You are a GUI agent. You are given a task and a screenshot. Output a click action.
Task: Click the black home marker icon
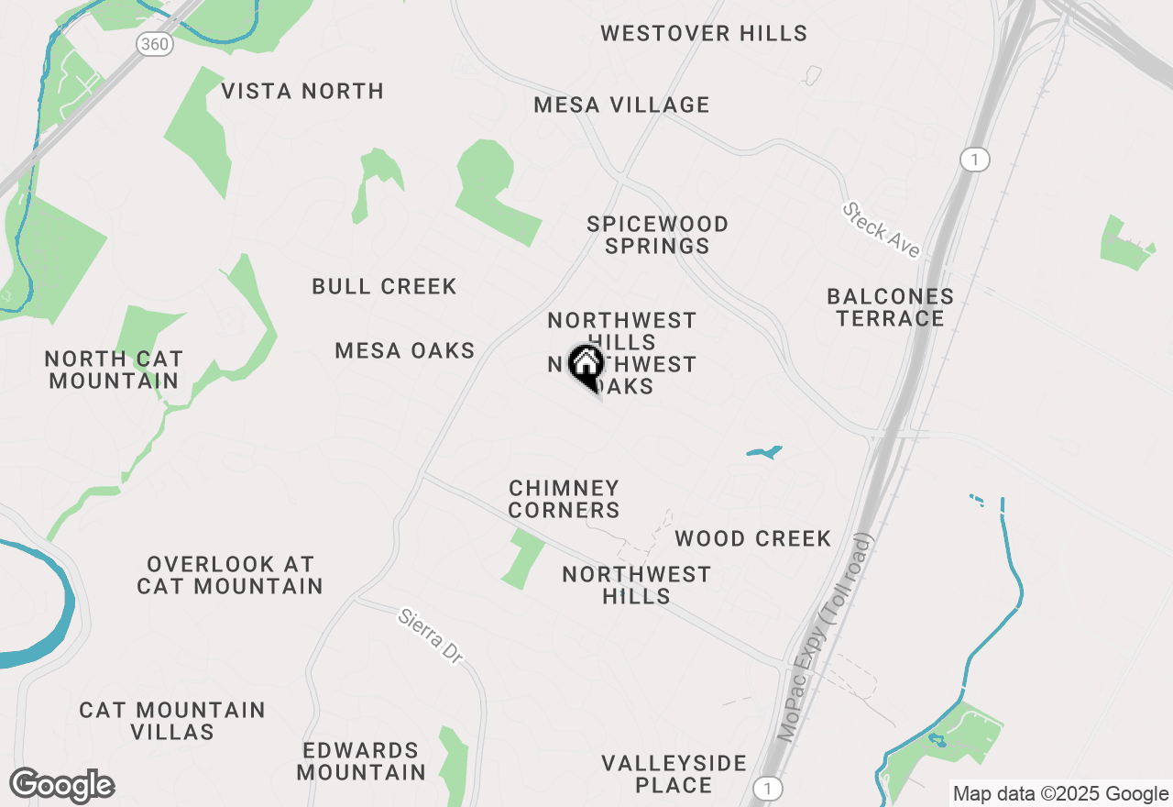point(586,365)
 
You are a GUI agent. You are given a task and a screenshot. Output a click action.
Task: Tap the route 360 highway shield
point(156,43)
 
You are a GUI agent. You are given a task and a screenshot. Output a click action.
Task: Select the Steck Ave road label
point(881,229)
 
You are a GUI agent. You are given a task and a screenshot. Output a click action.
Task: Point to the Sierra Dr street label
point(431,636)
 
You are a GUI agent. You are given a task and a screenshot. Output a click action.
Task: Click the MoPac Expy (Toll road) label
point(828,636)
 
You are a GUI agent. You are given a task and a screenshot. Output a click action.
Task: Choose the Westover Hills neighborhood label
point(704,34)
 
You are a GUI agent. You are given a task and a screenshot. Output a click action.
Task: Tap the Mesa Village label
point(621,105)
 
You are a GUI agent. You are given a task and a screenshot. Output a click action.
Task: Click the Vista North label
point(302,92)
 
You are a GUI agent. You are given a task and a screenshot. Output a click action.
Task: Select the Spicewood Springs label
point(658,235)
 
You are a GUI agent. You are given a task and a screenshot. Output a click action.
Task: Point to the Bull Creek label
point(384,287)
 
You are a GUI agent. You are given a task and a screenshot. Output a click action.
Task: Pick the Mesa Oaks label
point(405,350)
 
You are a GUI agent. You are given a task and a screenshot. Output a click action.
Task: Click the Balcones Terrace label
point(890,307)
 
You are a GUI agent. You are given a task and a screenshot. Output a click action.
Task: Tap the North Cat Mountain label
point(114,370)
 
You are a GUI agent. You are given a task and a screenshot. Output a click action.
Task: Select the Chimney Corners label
point(565,499)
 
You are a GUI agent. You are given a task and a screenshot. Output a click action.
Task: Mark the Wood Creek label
point(752,538)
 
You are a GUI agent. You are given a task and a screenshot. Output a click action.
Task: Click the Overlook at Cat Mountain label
point(230,575)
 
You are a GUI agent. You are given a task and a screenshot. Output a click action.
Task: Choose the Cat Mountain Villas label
point(172,721)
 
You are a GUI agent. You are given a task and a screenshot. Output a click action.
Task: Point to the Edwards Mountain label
point(361,761)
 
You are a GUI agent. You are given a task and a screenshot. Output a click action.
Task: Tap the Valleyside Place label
point(674,774)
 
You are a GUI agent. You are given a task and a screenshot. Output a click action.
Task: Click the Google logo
point(62,786)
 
